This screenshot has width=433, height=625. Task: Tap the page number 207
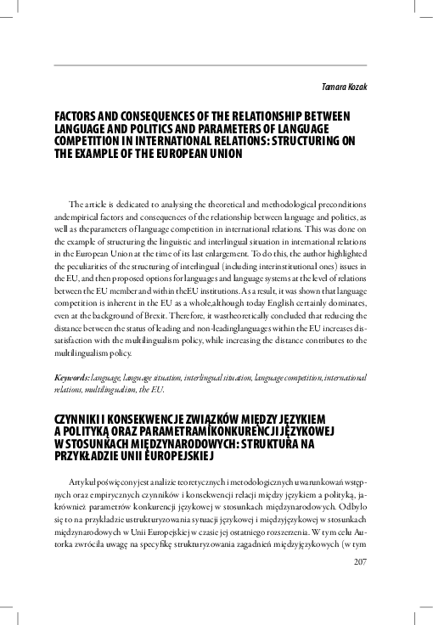[x=357, y=584]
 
